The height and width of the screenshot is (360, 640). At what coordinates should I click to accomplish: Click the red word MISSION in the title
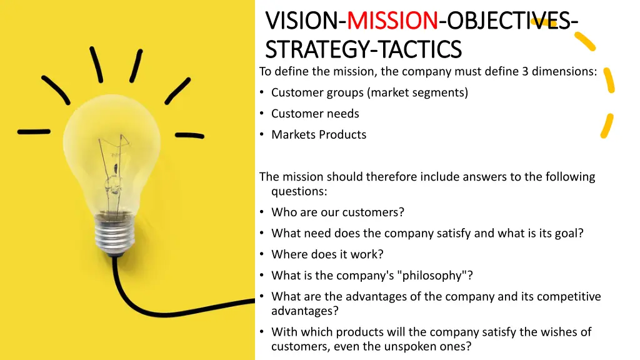[392, 21]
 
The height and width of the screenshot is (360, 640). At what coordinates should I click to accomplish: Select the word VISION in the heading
[302, 21]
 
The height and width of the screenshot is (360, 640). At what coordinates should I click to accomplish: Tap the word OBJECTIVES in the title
[507, 21]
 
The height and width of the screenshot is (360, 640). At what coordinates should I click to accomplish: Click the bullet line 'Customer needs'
[315, 114]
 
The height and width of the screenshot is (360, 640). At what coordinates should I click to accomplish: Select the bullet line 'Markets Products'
[319, 134]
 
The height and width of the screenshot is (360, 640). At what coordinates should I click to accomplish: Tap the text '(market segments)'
[417, 92]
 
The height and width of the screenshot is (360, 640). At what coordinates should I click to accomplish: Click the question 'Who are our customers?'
[337, 212]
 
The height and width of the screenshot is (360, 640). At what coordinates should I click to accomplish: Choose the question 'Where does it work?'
[327, 254]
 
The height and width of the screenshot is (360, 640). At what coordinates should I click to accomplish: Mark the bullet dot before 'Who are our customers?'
[262, 212]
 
